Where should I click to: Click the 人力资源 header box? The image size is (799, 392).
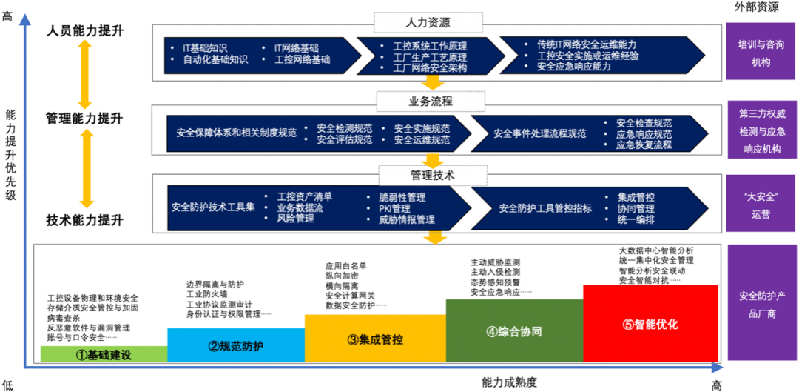(429, 23)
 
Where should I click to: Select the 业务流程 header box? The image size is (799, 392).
(431, 100)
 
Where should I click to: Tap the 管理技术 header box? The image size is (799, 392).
(432, 175)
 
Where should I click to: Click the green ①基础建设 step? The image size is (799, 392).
(104, 354)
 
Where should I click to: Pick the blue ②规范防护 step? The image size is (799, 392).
(235, 345)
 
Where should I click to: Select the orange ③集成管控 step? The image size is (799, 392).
(375, 339)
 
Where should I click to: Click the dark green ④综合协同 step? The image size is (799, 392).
(514, 331)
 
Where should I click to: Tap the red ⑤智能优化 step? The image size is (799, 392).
(650, 324)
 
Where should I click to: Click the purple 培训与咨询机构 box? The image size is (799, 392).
(760, 53)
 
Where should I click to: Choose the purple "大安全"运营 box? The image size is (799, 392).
(760, 205)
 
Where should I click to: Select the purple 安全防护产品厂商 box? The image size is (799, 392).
(760, 305)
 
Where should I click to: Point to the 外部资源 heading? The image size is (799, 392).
(758, 7)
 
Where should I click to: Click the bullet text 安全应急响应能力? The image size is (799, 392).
(574, 67)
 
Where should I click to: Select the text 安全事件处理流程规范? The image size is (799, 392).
(539, 134)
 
